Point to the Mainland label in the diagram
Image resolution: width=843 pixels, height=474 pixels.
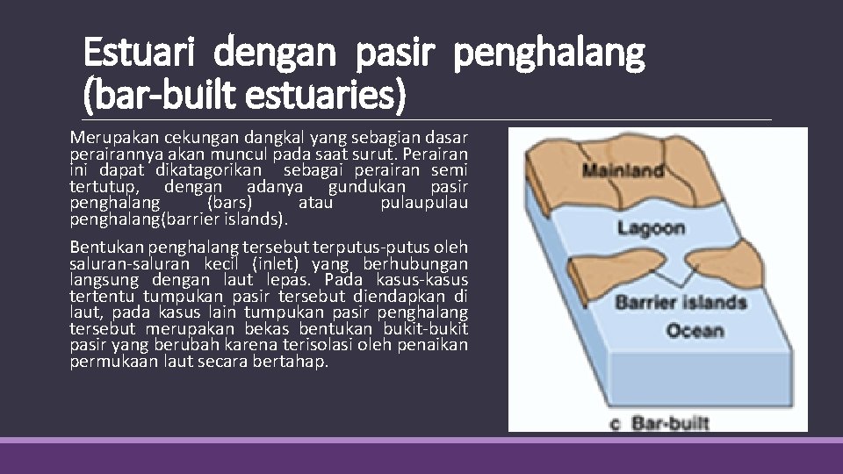(x=623, y=171)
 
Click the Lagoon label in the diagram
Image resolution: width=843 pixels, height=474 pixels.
(x=651, y=228)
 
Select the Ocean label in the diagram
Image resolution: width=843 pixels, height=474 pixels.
(x=695, y=331)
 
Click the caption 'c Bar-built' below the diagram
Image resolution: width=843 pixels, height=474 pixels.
(x=659, y=423)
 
